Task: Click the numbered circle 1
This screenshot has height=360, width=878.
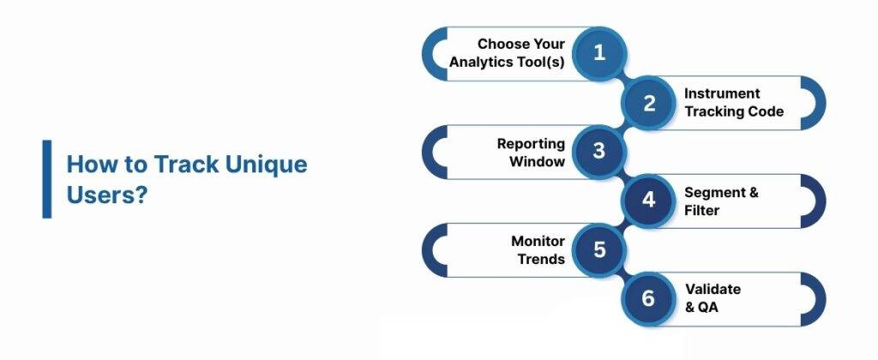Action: point(599,52)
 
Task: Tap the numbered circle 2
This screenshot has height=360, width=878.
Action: point(649,104)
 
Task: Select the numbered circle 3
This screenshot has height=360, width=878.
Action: point(599,151)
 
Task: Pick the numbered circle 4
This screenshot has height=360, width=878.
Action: point(649,201)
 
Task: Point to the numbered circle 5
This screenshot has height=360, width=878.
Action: point(599,249)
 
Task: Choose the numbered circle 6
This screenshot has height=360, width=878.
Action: point(649,298)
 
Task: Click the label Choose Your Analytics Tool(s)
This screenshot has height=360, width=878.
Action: point(508,53)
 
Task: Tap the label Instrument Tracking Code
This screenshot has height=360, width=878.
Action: point(733,102)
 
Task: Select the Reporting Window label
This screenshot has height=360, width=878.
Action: point(531,152)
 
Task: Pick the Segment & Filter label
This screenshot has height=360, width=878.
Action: point(720,201)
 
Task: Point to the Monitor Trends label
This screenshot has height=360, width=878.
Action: point(538,249)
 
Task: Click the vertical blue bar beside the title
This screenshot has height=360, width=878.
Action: point(47,178)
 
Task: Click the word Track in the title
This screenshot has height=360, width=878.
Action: point(180,164)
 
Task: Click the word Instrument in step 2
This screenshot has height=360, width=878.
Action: point(722,93)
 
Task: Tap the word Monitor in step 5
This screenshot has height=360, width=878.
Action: point(538,241)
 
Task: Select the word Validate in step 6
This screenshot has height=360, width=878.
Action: point(713,290)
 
